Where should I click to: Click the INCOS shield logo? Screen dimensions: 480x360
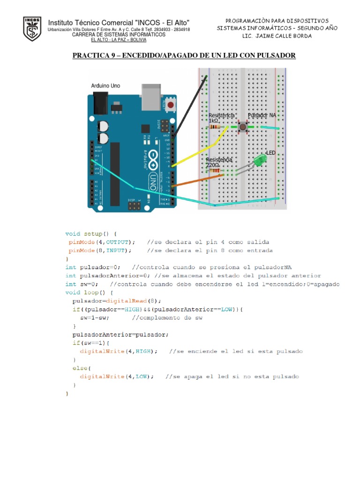point(32,29)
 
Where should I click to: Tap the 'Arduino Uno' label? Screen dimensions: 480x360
point(105,86)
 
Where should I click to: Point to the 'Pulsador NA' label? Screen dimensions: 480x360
point(262,115)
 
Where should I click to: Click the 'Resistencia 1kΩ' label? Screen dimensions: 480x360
point(221,118)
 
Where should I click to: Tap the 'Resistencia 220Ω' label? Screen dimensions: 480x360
point(219,162)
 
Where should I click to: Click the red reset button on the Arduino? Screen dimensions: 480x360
point(171,105)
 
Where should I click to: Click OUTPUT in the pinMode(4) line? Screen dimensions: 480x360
point(119,242)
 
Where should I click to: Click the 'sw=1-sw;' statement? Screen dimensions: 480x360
point(95,318)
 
